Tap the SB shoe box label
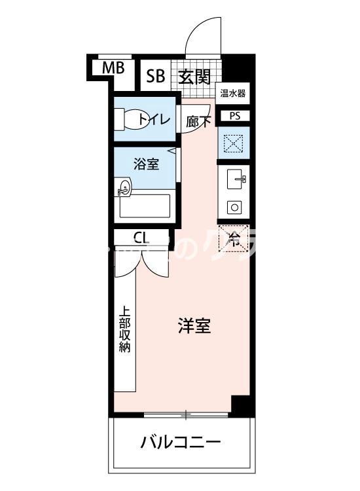[155, 77]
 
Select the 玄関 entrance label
[194, 77]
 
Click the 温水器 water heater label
[232, 94]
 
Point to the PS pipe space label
[234, 116]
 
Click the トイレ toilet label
[154, 120]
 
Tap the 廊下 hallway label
[198, 121]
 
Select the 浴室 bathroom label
[146, 164]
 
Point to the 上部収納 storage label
[124, 330]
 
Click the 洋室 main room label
[194, 326]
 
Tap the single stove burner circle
[234, 207]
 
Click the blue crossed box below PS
[234, 143]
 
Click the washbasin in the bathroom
[124, 189]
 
